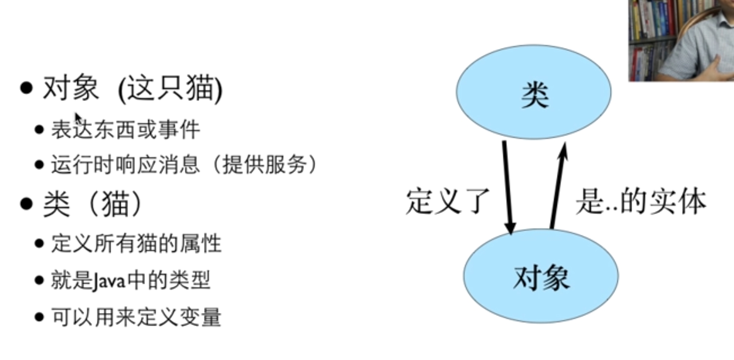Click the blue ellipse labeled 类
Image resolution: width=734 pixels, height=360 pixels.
pyautogui.click(x=534, y=92)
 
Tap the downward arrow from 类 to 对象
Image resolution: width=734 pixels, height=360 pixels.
pyautogui.click(x=507, y=186)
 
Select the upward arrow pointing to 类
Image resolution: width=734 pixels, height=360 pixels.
pyautogui.click(x=558, y=186)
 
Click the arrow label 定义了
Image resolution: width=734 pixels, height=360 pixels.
pyautogui.click(x=447, y=201)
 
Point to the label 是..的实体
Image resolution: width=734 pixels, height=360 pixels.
pyautogui.click(x=641, y=201)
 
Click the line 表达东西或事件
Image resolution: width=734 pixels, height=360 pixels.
pyautogui.click(x=126, y=129)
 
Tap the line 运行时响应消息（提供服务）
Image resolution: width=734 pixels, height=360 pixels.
pyautogui.click(x=184, y=165)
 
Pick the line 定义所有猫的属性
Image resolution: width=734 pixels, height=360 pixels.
pyautogui.click(x=136, y=244)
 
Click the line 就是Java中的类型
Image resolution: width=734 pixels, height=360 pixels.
pyautogui.click(x=131, y=280)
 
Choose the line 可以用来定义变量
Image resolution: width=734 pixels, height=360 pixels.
pyautogui.click(x=136, y=317)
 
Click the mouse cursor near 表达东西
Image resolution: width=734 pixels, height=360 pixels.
pyautogui.click(x=78, y=117)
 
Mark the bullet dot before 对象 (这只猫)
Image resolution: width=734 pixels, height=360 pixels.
pyautogui.click(x=26, y=88)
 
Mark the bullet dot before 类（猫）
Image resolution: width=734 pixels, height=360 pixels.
pyautogui.click(x=26, y=204)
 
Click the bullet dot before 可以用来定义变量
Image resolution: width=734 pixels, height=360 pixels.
pyautogui.click(x=39, y=317)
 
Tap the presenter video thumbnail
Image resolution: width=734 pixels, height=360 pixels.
pyautogui.click(x=681, y=40)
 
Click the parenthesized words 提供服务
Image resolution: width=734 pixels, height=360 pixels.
pyautogui.click(x=265, y=165)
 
